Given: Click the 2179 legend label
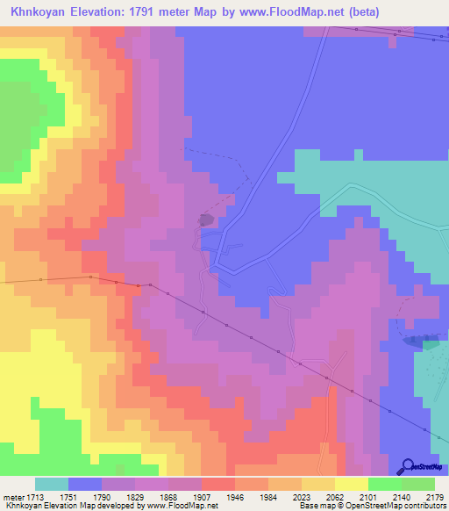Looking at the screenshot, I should click(x=435, y=496).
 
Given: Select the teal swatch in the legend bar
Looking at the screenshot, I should click(x=52, y=484).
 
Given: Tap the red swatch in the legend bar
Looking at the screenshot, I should click(x=217, y=484).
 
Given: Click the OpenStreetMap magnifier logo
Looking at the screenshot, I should click(x=409, y=466).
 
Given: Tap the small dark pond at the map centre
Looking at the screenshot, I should click(x=207, y=220).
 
